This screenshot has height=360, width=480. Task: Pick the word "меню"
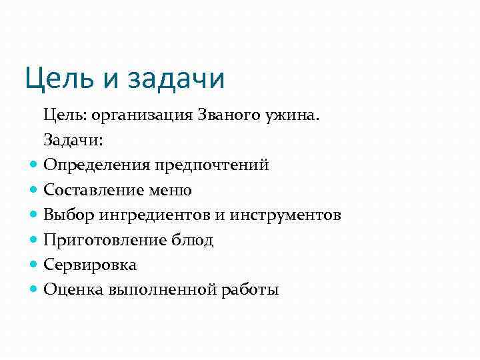pyautogui.click(x=171, y=191)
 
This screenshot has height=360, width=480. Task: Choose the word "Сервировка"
pyautogui.click(x=90, y=265)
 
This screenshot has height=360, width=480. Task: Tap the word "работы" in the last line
pyautogui.click(x=251, y=290)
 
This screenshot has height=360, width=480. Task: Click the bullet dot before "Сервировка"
pyautogui.click(x=35, y=265)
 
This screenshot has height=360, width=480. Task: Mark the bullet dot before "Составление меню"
pyautogui.click(x=35, y=190)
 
